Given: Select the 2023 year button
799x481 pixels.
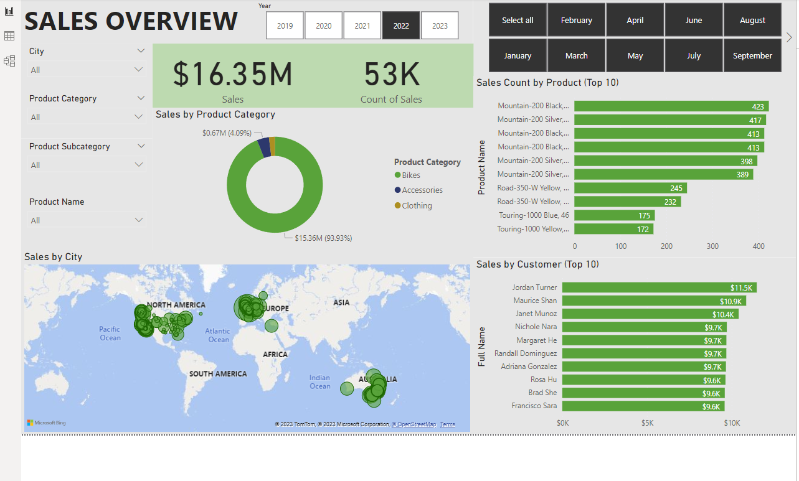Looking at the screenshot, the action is pyautogui.click(x=440, y=26).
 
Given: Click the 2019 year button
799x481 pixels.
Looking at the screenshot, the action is pyautogui.click(x=285, y=26).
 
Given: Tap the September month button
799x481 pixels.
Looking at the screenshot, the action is pyautogui.click(x=752, y=55).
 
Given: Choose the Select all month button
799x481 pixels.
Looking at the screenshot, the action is pyautogui.click(x=518, y=20).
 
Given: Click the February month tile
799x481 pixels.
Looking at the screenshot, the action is pyautogui.click(x=577, y=20).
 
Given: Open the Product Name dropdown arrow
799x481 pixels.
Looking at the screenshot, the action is pyautogui.click(x=139, y=220).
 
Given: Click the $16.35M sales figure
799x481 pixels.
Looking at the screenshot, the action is pyautogui.click(x=232, y=74).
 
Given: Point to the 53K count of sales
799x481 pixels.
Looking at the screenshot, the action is pyautogui.click(x=391, y=74).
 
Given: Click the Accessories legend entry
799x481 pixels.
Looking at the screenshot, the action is pyautogui.click(x=418, y=190).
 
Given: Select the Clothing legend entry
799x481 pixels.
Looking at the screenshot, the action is pyautogui.click(x=413, y=205).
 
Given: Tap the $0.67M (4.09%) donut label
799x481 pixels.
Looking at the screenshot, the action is pyautogui.click(x=227, y=133).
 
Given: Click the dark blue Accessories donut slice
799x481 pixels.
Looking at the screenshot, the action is pyautogui.click(x=264, y=147).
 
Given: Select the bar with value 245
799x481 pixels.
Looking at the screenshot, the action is pyautogui.click(x=630, y=188).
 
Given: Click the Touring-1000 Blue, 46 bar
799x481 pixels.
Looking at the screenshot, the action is pyautogui.click(x=614, y=215).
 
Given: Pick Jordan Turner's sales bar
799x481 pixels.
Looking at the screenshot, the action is pyautogui.click(x=659, y=287).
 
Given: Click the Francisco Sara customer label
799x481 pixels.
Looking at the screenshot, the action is pyautogui.click(x=534, y=406).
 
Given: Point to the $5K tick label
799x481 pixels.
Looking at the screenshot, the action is pyautogui.click(x=648, y=423).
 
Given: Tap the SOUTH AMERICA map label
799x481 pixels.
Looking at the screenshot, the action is pyautogui.click(x=218, y=374).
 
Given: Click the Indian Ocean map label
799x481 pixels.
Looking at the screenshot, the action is pyautogui.click(x=319, y=381).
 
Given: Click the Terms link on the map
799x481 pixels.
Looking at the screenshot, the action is pyautogui.click(x=447, y=424).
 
